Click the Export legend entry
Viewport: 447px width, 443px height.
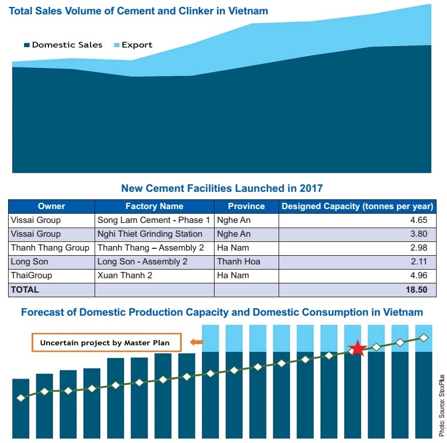(133, 45)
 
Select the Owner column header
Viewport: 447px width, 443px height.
(51, 206)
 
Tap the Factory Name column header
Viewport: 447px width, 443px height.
(154, 206)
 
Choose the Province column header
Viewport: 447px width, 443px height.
(246, 206)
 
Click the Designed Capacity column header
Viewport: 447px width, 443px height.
(357, 206)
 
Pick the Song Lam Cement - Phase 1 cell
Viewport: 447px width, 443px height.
(153, 220)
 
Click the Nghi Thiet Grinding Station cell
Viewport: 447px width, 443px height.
(150, 234)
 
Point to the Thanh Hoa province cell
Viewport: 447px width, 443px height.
(238, 262)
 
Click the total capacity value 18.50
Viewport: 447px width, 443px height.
(416, 290)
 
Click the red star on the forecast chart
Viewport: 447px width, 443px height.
(358, 349)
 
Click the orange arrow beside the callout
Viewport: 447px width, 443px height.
(196, 343)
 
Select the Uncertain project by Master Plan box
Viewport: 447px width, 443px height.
(105, 343)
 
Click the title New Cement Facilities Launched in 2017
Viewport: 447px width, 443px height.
(222, 188)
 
